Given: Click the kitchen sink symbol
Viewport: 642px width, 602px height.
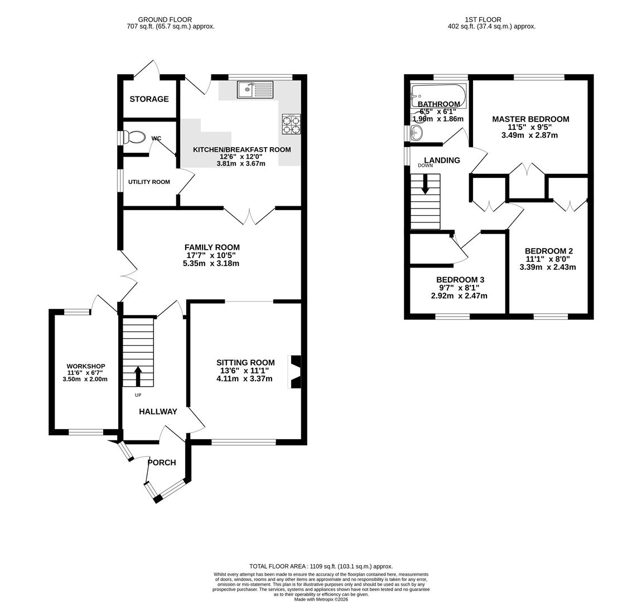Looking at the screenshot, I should (x=255, y=89).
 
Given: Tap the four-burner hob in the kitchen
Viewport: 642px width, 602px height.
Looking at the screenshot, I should (x=291, y=124).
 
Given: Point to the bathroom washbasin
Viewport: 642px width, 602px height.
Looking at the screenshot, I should (x=416, y=132).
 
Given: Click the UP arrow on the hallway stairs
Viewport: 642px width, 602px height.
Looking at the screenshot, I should (x=137, y=376).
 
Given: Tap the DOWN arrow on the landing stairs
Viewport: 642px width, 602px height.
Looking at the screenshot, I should (x=426, y=185).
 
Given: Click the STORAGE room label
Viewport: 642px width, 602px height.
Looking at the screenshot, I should (x=149, y=99).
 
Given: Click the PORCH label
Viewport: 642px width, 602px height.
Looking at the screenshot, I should (x=162, y=463).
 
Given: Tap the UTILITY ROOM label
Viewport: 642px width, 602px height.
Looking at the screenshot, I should (x=149, y=182).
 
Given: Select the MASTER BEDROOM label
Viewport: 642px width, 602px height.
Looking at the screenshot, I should (x=530, y=119).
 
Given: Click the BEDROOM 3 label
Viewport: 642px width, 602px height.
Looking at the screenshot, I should (x=460, y=280).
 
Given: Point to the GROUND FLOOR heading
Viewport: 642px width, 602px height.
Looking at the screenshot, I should (x=157, y=20).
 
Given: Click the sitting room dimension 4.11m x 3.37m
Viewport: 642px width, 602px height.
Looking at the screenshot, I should (x=244, y=379).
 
